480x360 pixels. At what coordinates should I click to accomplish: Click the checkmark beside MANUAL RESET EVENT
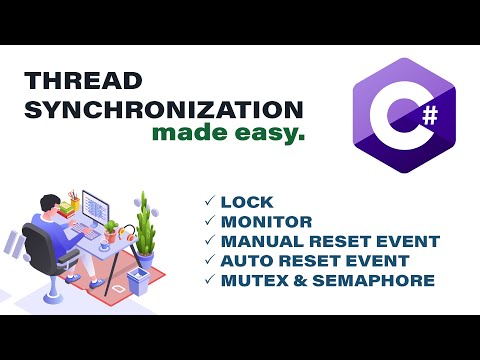tap(209, 241)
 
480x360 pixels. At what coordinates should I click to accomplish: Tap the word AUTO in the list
tap(245, 260)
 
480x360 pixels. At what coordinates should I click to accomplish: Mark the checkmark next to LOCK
tap(209, 202)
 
